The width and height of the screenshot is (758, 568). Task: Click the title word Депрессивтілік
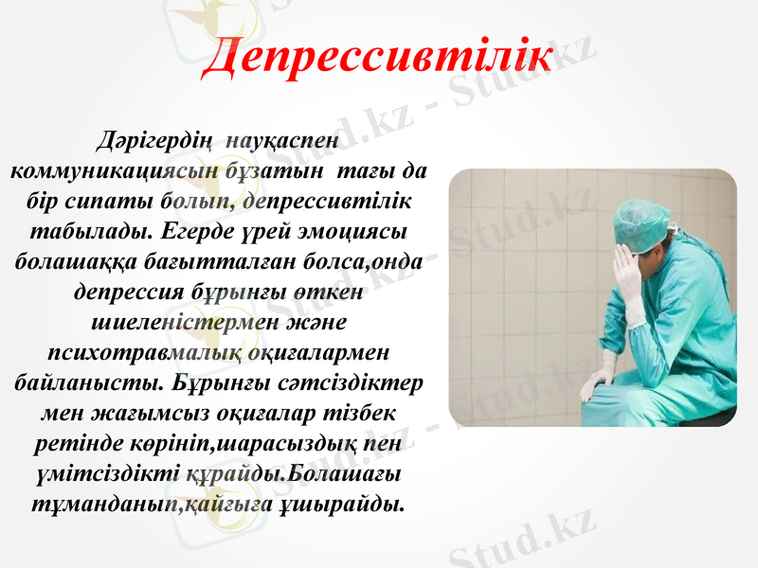tap(378, 55)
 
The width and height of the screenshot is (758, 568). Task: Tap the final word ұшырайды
tap(346, 502)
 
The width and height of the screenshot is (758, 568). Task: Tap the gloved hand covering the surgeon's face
tap(628, 270)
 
